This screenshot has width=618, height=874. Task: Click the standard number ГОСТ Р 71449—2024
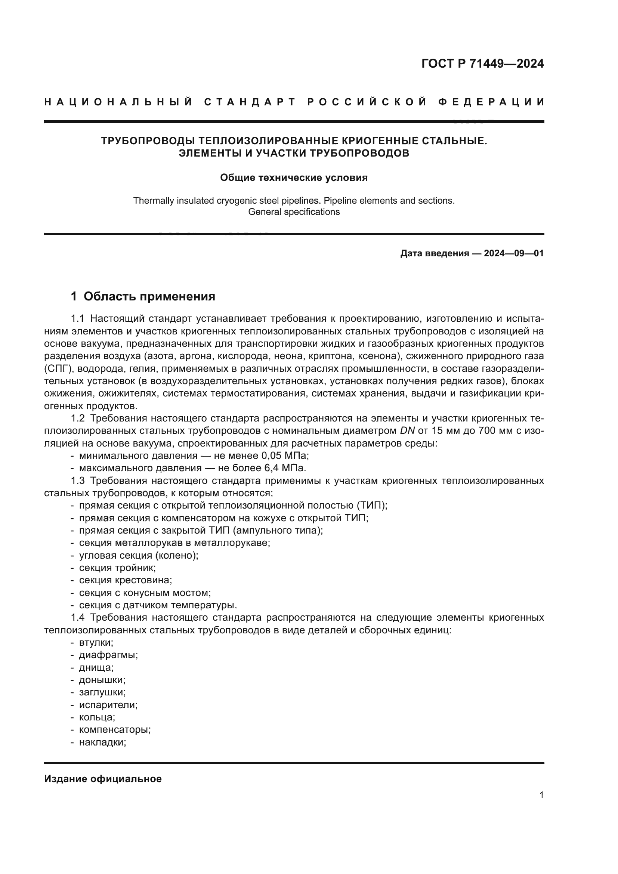tap(482, 64)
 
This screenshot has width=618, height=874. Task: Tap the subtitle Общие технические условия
tap(294, 178)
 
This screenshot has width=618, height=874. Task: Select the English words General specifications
tap(294, 212)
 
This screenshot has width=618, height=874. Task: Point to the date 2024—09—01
tap(513, 253)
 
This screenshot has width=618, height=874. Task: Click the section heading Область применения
tap(149, 297)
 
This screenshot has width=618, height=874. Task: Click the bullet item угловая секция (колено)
tap(139, 555)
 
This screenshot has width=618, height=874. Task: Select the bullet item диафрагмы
tap(108, 655)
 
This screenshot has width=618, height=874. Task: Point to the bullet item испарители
tap(108, 705)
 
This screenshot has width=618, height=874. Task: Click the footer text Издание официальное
tap(103, 779)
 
